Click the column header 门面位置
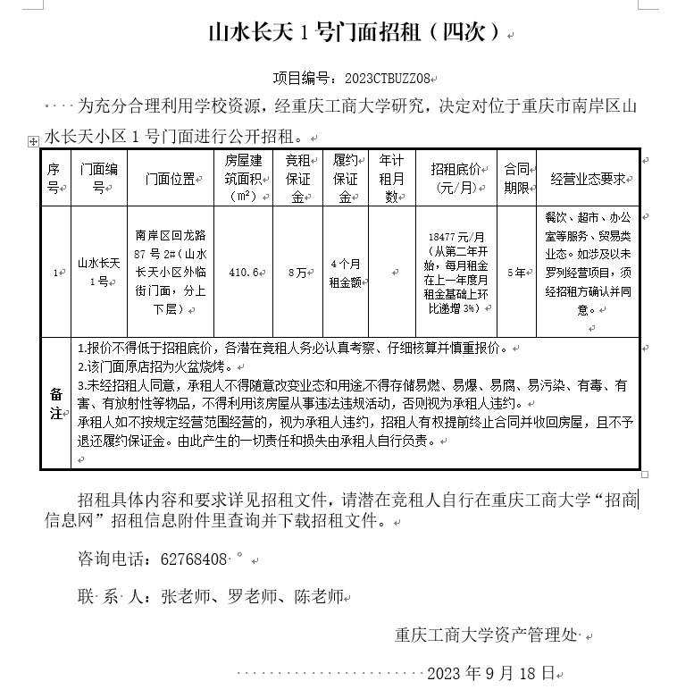point(171,178)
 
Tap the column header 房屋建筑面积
point(243,178)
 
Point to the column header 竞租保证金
point(297,178)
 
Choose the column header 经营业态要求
point(587,178)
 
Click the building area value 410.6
point(243,272)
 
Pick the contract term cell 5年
point(515,272)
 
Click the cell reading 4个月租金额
point(345,272)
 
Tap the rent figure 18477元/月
point(456,236)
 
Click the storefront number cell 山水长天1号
point(98,272)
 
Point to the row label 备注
point(55,403)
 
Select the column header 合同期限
point(516,178)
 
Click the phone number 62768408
point(193,559)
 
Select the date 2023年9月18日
point(491,672)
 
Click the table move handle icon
point(33,141)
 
